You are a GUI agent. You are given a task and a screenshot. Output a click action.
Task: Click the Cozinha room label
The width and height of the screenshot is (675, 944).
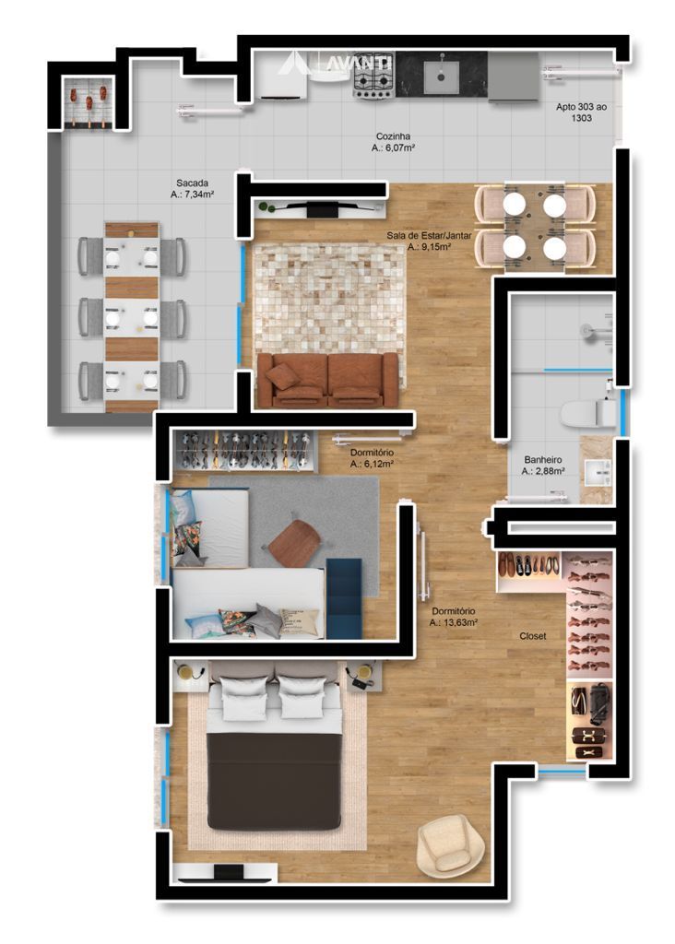pyautogui.click(x=393, y=136)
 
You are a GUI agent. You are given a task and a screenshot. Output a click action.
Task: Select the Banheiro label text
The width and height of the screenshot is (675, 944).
pyautogui.click(x=542, y=460)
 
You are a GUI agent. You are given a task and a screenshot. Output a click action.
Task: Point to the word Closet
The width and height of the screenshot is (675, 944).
pyautogui.click(x=532, y=636)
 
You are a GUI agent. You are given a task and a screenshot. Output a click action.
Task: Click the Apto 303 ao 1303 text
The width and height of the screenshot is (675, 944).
pyautogui.click(x=581, y=112)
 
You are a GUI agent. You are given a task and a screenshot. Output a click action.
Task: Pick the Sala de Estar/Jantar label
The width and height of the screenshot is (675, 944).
pyautogui.click(x=429, y=235)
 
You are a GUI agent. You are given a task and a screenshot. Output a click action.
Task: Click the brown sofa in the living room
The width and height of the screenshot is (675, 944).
pyautogui.click(x=327, y=379)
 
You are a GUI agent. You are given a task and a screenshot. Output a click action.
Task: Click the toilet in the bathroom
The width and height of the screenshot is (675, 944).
pyautogui.click(x=588, y=414)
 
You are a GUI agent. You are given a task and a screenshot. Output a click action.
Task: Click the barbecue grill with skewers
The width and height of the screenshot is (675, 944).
pyautogui.click(x=89, y=101)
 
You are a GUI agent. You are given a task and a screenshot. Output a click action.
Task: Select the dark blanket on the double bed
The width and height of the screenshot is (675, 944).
pyautogui.click(x=274, y=780)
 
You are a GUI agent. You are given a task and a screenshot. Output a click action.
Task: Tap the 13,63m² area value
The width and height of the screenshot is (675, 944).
pyautogui.click(x=454, y=623)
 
